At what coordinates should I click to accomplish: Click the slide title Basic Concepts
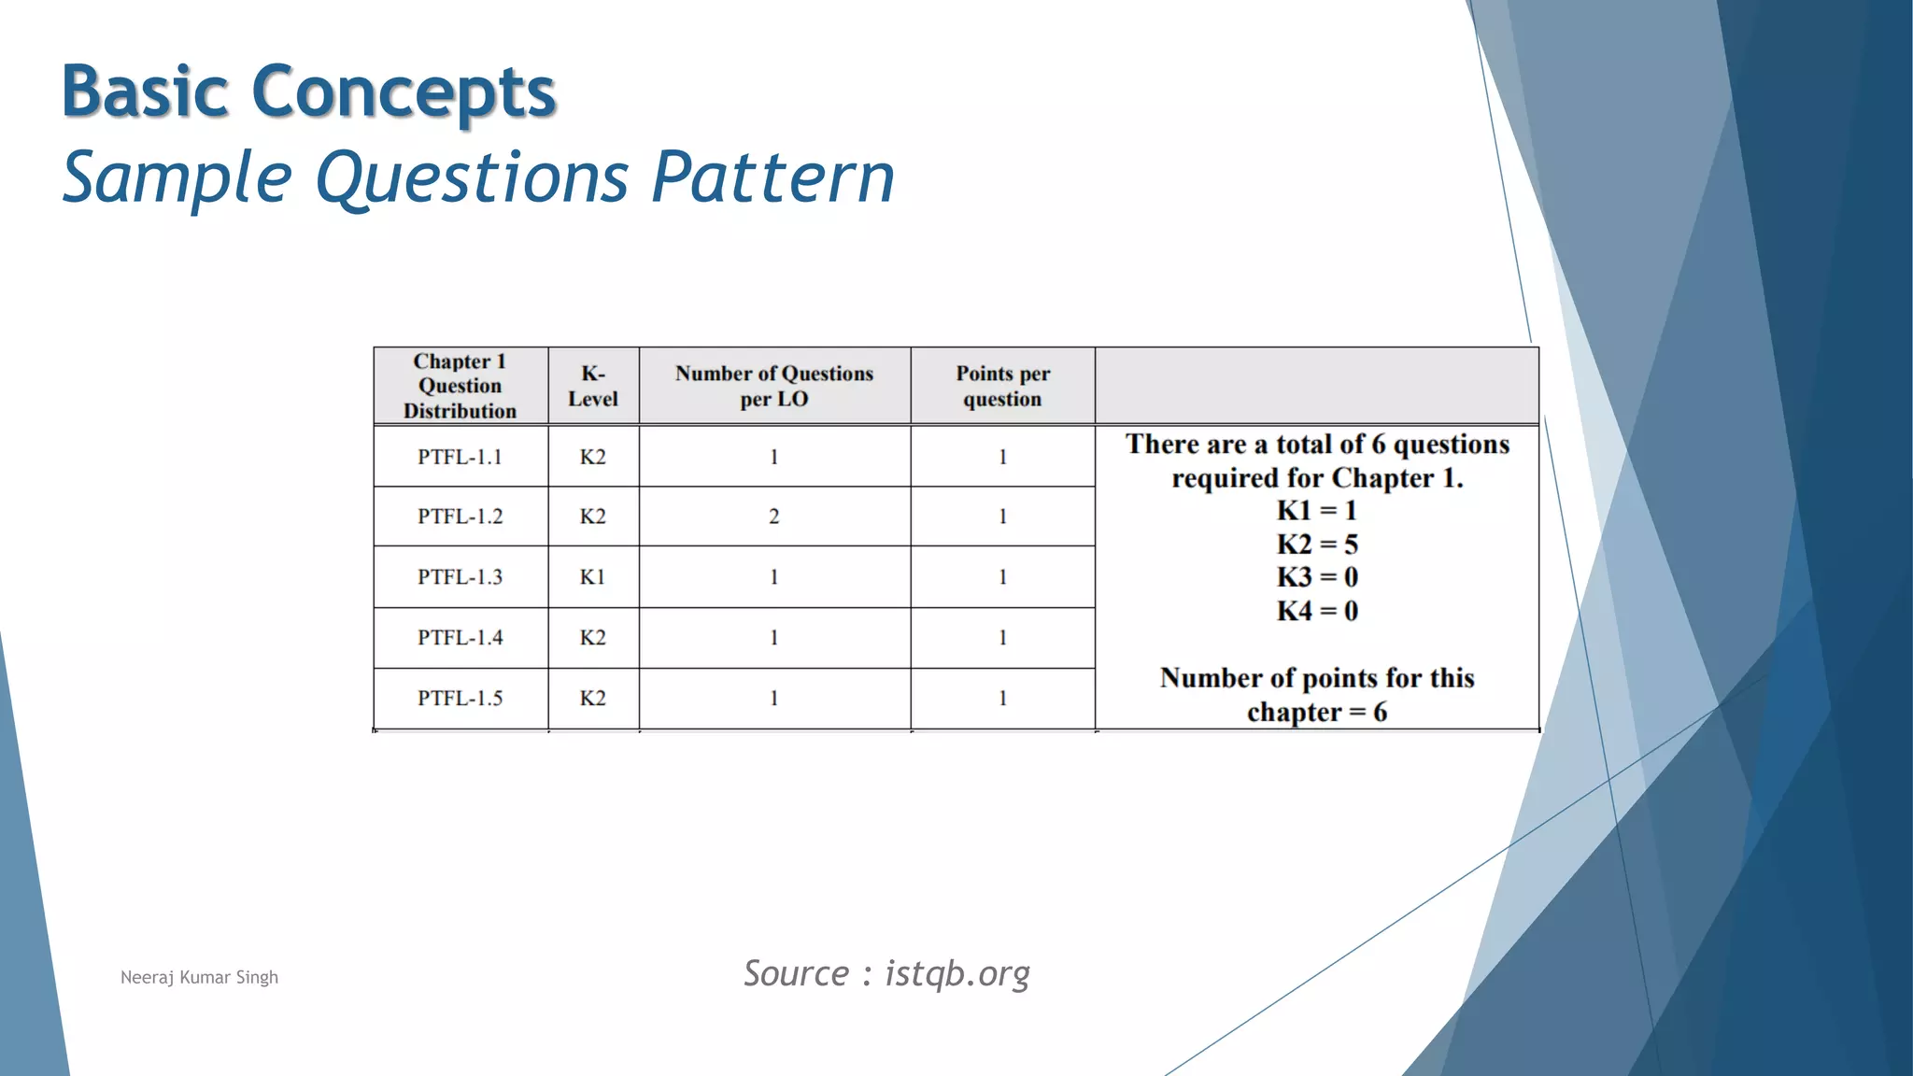tap(308, 92)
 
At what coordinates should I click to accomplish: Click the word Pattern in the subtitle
tap(772, 177)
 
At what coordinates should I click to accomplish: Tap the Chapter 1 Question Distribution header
tap(460, 386)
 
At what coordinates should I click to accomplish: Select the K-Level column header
tap(593, 386)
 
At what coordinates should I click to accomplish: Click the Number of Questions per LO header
tap(774, 386)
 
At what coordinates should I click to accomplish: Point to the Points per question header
tap(1002, 386)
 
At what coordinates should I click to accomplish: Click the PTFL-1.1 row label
tap(460, 457)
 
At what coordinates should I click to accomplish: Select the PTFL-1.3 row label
tap(460, 577)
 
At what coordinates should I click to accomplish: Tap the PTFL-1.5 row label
tap(460, 698)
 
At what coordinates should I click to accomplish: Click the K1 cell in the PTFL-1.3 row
tap(593, 577)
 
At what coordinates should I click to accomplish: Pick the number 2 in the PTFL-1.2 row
tap(773, 517)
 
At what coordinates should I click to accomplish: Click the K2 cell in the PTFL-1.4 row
tap(593, 637)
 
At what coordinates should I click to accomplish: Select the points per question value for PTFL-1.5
tap(1002, 698)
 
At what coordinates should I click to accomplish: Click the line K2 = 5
tap(1317, 545)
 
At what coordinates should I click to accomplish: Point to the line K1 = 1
tap(1317, 511)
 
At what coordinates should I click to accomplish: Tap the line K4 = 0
tap(1317, 611)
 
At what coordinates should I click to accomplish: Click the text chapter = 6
tap(1317, 713)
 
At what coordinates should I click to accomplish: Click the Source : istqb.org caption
tap(886, 973)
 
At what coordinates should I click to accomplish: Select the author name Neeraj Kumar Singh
tap(199, 977)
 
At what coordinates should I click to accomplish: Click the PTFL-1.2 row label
tap(460, 517)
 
